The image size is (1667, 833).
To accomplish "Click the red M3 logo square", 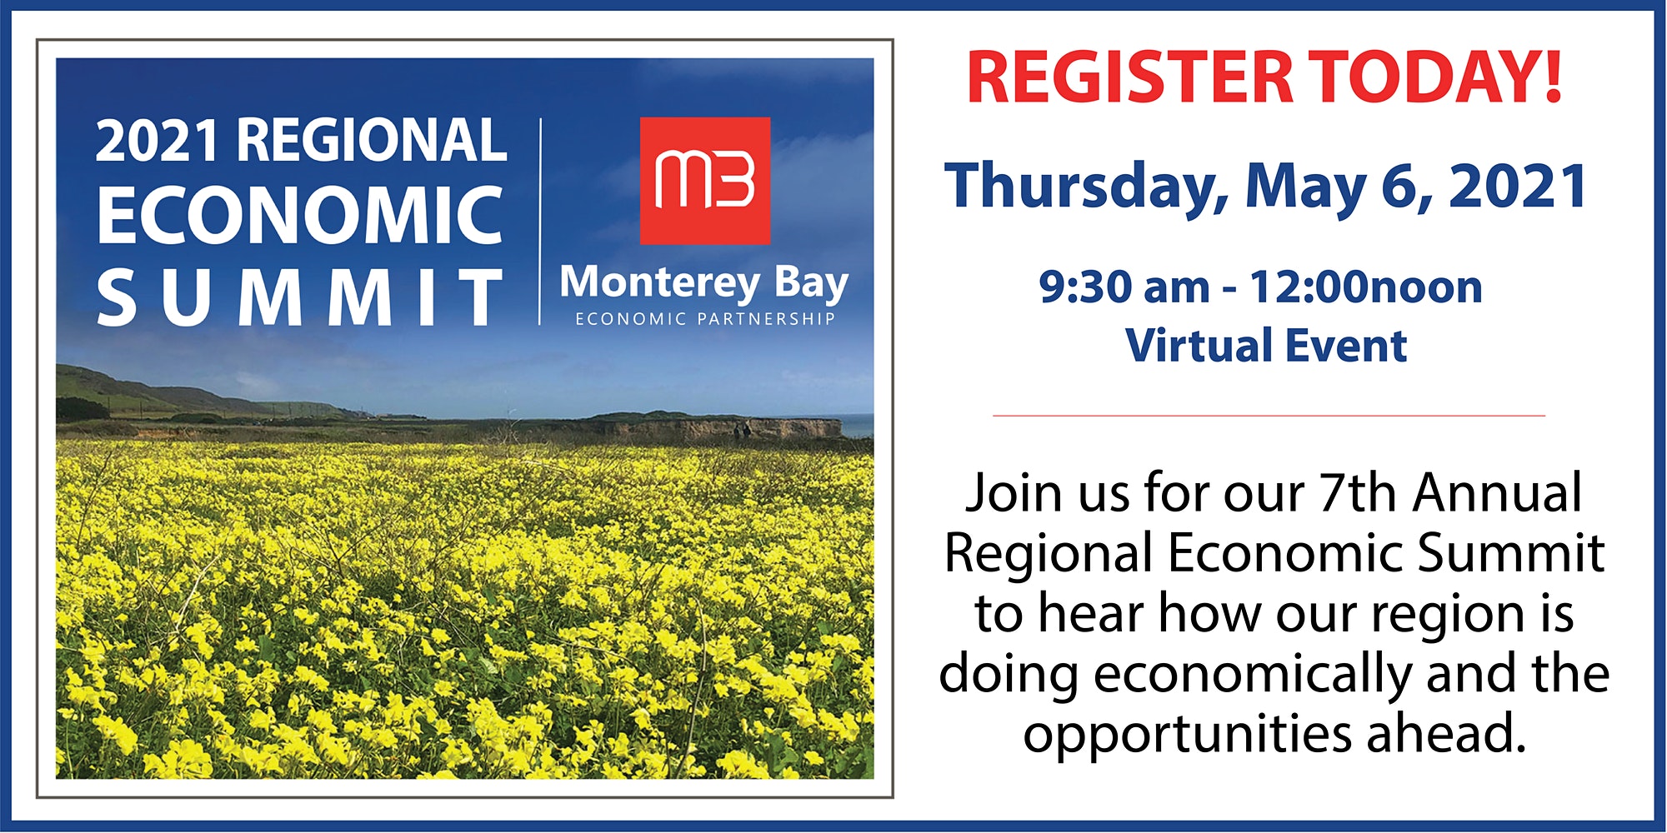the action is (705, 181).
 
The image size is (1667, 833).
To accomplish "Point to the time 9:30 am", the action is (1124, 287).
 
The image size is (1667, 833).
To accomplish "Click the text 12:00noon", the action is (1365, 287).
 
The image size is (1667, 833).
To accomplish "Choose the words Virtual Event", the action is (1266, 346).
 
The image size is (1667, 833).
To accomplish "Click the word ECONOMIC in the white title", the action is (300, 215).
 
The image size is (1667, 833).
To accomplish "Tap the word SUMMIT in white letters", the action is (300, 297).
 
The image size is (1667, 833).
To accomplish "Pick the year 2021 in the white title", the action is (158, 140).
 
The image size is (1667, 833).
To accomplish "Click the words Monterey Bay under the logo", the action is (704, 284).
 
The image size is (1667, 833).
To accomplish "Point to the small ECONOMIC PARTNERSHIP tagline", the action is (704, 319).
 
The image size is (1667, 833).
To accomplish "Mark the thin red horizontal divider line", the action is (1269, 415).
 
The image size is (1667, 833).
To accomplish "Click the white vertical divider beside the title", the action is (540, 222).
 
